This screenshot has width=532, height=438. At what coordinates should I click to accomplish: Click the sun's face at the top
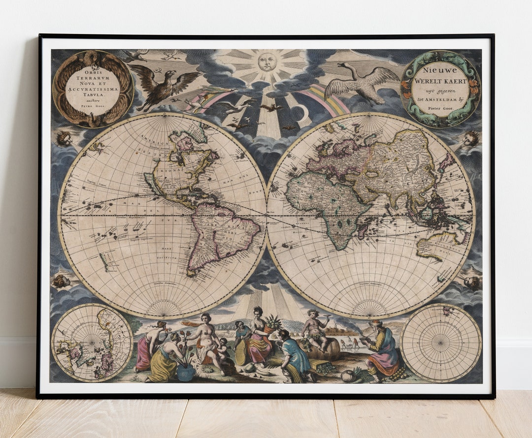click(266, 62)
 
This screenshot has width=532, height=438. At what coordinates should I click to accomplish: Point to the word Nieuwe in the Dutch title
click(439, 71)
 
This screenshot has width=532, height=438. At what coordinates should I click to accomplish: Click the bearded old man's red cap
click(377, 323)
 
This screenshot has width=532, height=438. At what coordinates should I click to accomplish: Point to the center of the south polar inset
click(440, 343)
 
